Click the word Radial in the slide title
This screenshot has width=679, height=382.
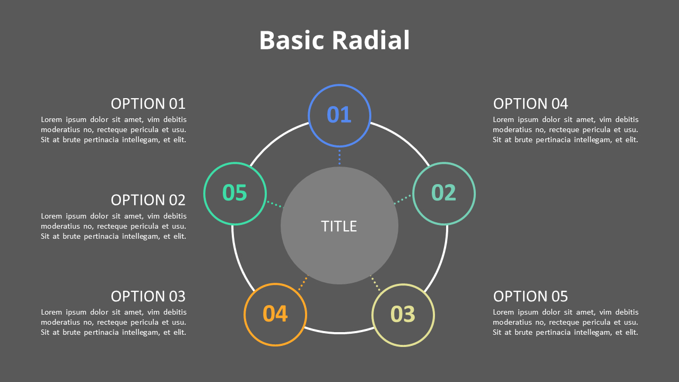point(371,41)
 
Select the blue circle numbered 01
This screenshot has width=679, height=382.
point(339,115)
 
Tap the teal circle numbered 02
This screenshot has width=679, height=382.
point(444,193)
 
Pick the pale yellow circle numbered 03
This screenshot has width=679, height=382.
point(403,315)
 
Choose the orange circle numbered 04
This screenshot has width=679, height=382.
point(275,315)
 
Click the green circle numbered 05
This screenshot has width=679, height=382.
point(235,193)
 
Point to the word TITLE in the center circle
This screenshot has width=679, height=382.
point(339,227)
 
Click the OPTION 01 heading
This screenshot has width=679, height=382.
point(148,103)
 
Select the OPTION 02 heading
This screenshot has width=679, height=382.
point(148,200)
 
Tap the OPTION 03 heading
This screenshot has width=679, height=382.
point(148,296)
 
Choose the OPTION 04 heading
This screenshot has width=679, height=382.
point(530,103)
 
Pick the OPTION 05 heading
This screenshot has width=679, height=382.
point(530,296)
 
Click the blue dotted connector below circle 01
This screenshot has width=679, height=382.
point(339,157)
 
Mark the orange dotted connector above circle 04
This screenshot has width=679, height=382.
point(303,282)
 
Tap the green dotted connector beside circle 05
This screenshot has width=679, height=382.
point(274,204)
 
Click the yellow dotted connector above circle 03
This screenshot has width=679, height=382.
point(375,283)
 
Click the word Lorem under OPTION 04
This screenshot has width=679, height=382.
point(503,120)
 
